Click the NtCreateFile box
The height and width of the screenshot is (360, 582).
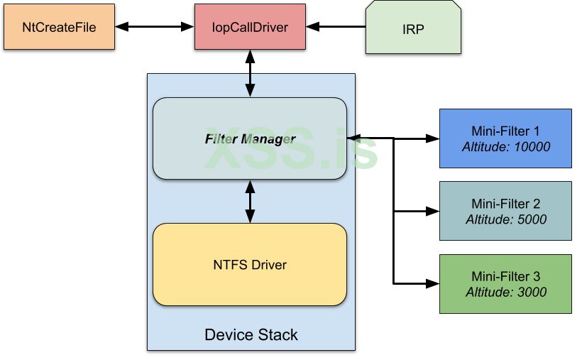click(x=59, y=28)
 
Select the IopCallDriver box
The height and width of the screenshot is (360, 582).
click(x=250, y=28)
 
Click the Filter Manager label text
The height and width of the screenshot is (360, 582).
click(x=250, y=138)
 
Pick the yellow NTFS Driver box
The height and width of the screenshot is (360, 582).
click(x=250, y=265)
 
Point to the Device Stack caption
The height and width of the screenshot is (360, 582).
click(x=251, y=334)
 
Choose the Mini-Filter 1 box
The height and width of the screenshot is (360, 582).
click(x=505, y=138)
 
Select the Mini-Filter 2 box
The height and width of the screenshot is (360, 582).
click(x=505, y=211)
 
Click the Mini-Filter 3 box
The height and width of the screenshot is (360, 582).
click(x=505, y=283)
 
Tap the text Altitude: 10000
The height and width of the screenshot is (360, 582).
click(x=505, y=147)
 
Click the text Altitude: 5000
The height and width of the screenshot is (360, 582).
click(x=505, y=219)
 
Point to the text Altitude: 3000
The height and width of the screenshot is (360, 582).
click(x=505, y=292)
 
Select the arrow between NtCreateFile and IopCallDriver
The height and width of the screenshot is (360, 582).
click(x=155, y=28)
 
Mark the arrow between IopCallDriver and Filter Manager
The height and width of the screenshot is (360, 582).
click(x=250, y=74)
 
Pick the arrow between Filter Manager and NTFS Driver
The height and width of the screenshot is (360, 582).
click(x=250, y=201)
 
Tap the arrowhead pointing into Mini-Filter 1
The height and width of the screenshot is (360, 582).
click(x=433, y=138)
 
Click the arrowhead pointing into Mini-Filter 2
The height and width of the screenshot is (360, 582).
click(x=433, y=211)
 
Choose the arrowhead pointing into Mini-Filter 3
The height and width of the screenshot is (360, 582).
click(x=433, y=283)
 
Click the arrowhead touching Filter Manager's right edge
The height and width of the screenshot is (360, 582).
click(x=353, y=136)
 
